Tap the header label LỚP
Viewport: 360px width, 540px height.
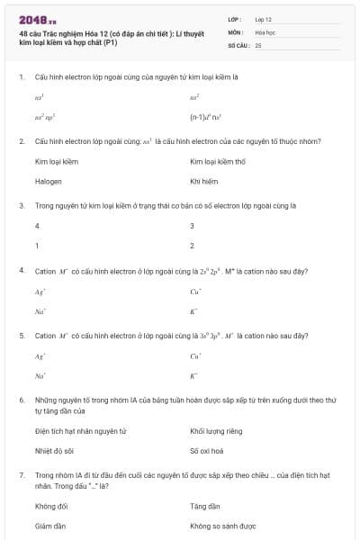(x=234, y=18)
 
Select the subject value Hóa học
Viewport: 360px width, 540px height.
(x=265, y=31)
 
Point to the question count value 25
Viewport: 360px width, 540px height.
(x=258, y=44)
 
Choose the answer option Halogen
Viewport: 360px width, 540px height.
(x=49, y=181)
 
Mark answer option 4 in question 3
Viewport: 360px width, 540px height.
(x=37, y=226)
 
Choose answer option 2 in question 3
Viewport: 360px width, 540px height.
(x=192, y=245)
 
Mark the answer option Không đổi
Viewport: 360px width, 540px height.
(x=51, y=506)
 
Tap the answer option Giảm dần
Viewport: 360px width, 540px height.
(x=50, y=525)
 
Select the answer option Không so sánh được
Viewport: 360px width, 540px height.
(x=223, y=525)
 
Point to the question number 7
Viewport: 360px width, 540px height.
(x=21, y=473)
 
